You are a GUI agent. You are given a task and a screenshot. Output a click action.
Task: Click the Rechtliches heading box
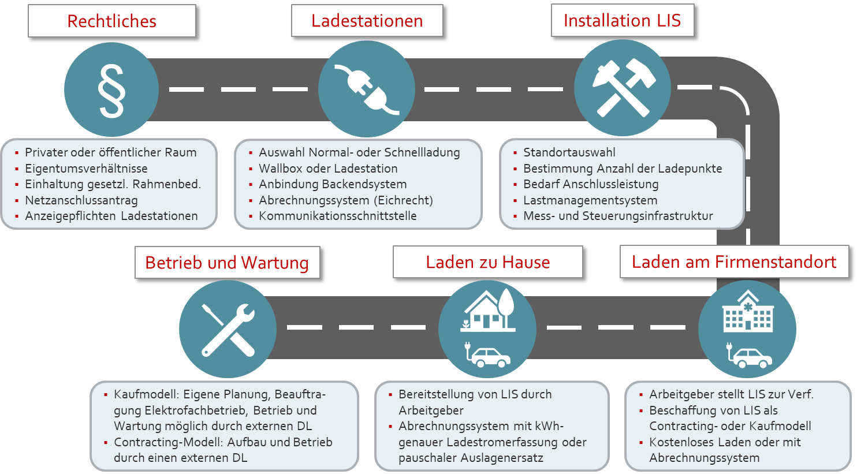[x=111, y=21]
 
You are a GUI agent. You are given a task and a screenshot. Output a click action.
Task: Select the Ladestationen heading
[x=367, y=21]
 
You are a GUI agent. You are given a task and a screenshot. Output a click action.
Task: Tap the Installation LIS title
[x=622, y=21]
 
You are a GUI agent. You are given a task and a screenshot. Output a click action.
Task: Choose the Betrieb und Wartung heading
[x=227, y=263]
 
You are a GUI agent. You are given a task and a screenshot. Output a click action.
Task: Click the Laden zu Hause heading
[x=487, y=262]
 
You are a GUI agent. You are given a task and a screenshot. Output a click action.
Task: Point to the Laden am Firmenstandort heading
[x=733, y=262]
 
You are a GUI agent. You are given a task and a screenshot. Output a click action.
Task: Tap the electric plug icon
[x=367, y=89]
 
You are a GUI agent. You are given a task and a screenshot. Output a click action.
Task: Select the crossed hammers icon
[x=623, y=87]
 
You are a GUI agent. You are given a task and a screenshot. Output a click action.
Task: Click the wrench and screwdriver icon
[x=228, y=329]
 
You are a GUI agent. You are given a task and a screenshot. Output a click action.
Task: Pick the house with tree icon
[x=488, y=310]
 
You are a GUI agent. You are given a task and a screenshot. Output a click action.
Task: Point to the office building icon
[x=748, y=311]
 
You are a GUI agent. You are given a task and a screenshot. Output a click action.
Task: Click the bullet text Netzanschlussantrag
[x=81, y=200]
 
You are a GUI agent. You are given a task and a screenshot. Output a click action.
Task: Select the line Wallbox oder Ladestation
[x=328, y=169]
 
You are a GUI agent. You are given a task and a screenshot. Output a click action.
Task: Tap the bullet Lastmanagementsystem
[x=590, y=200]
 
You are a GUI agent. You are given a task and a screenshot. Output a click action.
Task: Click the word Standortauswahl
[x=569, y=152]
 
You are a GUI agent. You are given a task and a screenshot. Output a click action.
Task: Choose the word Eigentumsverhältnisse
[x=86, y=169]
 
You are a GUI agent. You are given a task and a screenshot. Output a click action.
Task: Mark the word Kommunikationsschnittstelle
[x=337, y=216]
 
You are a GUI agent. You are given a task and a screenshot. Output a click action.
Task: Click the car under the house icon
[x=489, y=356]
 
